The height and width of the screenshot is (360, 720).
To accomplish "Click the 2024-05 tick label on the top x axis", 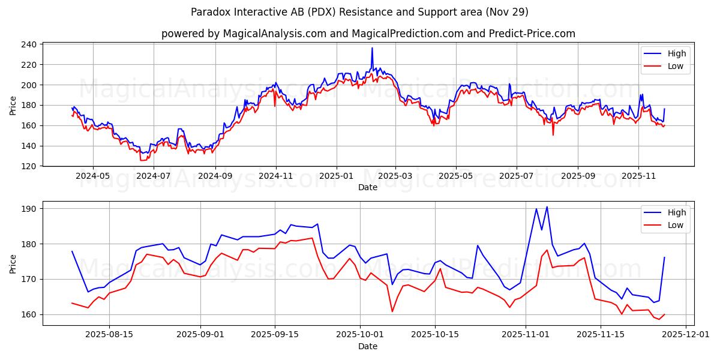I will tap(93, 176).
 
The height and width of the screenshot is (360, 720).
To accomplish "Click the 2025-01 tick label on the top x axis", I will tap(336, 176).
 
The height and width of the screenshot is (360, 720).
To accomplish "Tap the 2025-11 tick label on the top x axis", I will tap(638, 176).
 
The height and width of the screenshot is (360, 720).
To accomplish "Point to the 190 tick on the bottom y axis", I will tap(30, 209).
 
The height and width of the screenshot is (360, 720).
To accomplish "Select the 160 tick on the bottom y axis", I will tap(30, 314).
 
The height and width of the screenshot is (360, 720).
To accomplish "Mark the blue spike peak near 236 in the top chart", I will tap(372, 48).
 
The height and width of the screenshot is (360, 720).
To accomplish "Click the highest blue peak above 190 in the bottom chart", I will tap(547, 207).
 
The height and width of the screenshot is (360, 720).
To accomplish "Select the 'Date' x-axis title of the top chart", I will tap(368, 187).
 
